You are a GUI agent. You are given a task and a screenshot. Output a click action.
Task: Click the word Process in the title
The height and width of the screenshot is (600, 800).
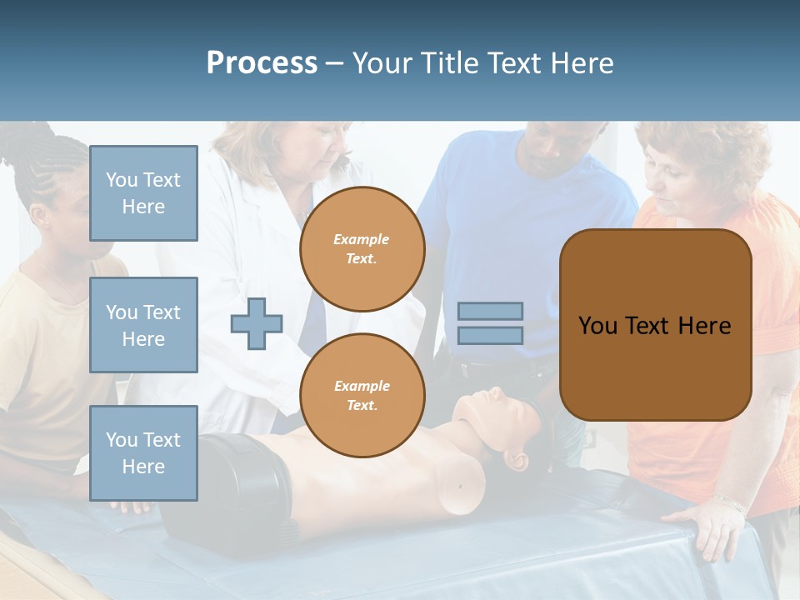click(262, 63)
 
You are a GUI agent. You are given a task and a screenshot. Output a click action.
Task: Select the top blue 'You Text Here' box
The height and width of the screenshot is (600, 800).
click(143, 193)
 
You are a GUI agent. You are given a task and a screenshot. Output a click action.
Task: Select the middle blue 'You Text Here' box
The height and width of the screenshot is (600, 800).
click(143, 325)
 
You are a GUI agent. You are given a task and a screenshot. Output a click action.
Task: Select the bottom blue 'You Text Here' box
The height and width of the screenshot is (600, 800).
click(143, 453)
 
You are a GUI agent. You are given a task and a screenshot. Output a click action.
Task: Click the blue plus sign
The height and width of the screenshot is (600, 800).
click(257, 324)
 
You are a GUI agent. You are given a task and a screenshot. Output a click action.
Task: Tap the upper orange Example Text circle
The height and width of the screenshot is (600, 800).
click(362, 249)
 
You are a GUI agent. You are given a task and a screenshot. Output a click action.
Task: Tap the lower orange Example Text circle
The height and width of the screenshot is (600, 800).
click(362, 396)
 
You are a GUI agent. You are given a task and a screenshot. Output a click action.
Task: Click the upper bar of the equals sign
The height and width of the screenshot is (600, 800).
click(491, 311)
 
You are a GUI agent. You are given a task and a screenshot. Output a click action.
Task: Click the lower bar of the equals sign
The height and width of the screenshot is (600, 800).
click(491, 336)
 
